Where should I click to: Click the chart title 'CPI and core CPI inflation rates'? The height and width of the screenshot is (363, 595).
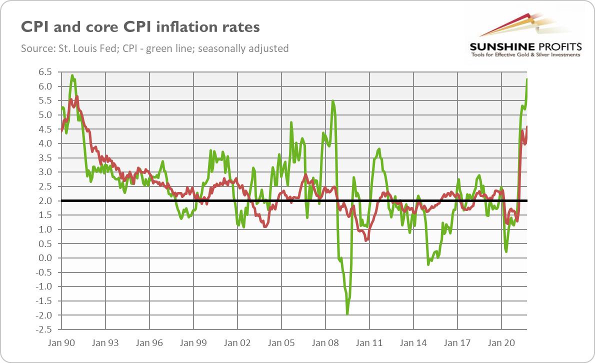pos(140,27)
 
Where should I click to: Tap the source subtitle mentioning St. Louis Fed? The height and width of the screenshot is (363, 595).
pos(154,48)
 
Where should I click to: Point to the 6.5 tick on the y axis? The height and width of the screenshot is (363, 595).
pos(45,72)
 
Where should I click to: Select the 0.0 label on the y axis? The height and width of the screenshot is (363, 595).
pos(45,258)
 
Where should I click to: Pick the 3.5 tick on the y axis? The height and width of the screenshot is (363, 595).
pos(45,158)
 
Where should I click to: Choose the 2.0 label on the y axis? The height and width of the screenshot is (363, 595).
pos(45,201)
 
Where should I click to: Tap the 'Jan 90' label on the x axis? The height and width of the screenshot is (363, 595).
pos(61,343)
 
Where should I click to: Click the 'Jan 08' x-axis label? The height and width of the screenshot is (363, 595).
pos(325,343)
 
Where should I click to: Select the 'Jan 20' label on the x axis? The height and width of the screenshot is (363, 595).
pos(501,343)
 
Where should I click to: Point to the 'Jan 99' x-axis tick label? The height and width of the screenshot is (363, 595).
pos(193,343)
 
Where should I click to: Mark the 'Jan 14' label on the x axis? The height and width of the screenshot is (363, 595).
pos(413,343)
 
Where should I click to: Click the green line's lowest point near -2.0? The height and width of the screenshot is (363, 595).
pos(347,313)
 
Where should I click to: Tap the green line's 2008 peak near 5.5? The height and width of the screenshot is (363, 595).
pos(333,101)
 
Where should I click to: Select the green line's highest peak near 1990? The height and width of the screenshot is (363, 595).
pos(73,76)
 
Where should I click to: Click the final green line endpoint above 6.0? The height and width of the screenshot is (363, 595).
pos(527,79)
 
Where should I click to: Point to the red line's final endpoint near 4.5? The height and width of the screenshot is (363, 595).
pos(527,127)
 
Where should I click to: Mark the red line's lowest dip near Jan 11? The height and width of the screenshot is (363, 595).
pos(366,240)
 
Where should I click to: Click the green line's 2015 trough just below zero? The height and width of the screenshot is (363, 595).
pos(428,264)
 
